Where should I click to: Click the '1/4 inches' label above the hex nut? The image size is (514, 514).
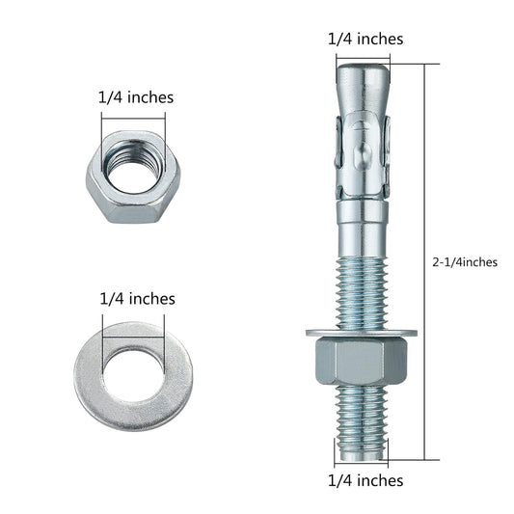(x=135, y=97)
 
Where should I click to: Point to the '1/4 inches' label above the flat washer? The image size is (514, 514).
(x=137, y=299)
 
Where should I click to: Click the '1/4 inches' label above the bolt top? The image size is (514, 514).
(x=365, y=39)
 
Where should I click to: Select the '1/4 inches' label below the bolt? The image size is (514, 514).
(x=365, y=479)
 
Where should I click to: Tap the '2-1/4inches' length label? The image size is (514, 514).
(x=465, y=261)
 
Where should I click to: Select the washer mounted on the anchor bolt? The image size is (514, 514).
(x=362, y=334)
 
